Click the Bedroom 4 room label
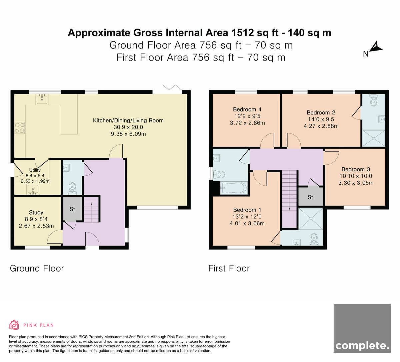tap(247, 109)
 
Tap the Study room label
tap(36, 213)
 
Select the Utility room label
tap(35, 170)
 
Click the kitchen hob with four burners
tap(20, 128)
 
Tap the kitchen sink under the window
tap(42, 99)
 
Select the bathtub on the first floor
tap(234, 188)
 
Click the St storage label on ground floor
tap(72, 209)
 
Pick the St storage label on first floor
tap(310, 197)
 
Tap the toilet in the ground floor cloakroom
tap(72, 189)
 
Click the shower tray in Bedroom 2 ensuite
tap(374, 138)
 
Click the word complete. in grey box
tap(362, 346)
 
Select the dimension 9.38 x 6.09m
tap(128, 134)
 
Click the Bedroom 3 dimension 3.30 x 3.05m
tap(356, 183)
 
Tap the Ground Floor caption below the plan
tap(37, 269)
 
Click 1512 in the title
tap(242, 33)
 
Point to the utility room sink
tap(33, 190)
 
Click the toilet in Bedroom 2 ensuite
tap(373, 101)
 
